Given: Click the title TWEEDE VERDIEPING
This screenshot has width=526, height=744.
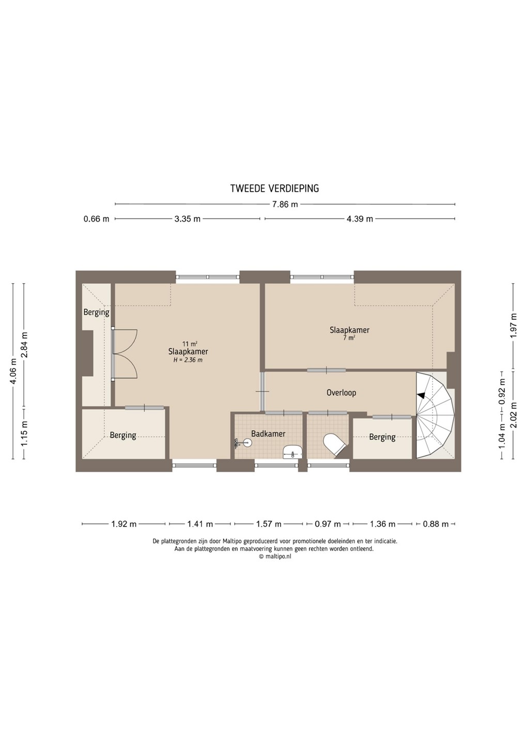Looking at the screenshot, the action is tap(274, 189).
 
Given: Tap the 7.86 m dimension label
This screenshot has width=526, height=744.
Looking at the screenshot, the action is tap(285, 205).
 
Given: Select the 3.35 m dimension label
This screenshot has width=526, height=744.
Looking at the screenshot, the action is tap(187, 219).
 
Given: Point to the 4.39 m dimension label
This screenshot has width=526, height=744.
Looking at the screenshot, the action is tap(360, 219).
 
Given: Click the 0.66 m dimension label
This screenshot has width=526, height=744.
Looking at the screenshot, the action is tap(96, 219).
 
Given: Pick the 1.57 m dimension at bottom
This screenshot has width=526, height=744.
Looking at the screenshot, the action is tap(268, 524).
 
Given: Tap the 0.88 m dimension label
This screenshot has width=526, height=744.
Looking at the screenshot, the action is tap(436, 524).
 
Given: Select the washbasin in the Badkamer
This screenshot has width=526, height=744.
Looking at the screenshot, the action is tap(292, 452).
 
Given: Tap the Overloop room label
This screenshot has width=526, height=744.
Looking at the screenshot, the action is tap(341, 393).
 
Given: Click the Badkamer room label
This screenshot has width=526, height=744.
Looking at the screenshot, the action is tap(268, 434).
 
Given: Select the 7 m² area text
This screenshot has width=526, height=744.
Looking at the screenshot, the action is tap(349, 338).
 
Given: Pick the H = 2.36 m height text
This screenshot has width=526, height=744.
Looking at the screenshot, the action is tap(188, 360).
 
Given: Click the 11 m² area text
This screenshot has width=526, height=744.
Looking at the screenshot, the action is tap(190, 344).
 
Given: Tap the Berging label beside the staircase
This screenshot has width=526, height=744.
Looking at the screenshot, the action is tap(382, 438).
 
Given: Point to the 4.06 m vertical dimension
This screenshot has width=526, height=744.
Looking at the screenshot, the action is tap(13, 371).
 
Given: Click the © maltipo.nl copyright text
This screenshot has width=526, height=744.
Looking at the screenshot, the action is tap(274, 557).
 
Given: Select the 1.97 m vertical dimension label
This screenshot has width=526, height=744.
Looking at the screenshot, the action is tap(514, 326).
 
